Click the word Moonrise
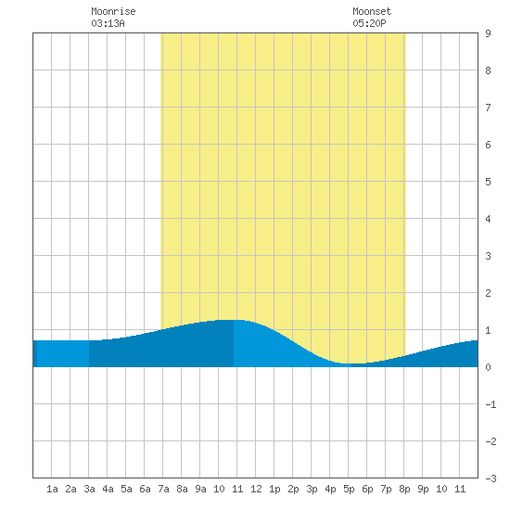click(x=113, y=11)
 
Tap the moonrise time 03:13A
click(x=108, y=23)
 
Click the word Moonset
click(x=372, y=11)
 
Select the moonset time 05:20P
click(x=369, y=23)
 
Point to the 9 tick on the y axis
click(x=488, y=33)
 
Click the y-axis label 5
click(x=488, y=182)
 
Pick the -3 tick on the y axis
click(x=491, y=478)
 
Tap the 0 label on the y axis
click(x=488, y=367)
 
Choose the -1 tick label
click(x=491, y=404)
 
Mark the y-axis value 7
click(x=488, y=108)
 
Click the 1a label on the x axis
click(x=52, y=489)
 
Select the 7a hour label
click(x=163, y=489)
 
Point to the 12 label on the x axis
click(x=256, y=489)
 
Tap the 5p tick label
click(x=349, y=489)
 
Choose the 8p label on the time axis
click(x=404, y=489)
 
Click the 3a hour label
click(x=89, y=489)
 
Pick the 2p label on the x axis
click(x=293, y=489)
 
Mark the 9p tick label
click(x=423, y=489)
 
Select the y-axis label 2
click(x=488, y=293)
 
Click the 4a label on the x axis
click(x=108, y=489)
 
